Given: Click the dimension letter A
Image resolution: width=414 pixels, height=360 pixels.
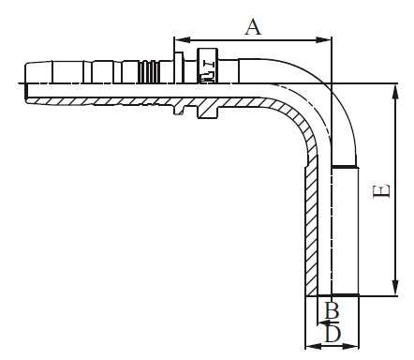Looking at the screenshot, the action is [x=253, y=27].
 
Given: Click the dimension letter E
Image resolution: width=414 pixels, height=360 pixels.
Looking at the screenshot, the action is [x=381, y=190].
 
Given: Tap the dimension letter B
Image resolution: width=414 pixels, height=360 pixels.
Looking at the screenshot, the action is [x=332, y=310].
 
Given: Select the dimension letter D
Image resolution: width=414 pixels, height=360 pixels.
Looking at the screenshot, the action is [x=333, y=335].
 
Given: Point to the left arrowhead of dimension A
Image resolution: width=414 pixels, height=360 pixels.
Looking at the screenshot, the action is [x=182, y=39].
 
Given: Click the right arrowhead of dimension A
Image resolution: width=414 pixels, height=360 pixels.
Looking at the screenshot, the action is [x=324, y=39].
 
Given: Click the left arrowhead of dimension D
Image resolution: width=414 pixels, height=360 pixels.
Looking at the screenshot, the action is [x=313, y=346].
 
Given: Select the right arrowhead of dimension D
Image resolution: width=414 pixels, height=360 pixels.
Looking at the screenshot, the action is [x=351, y=346].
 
